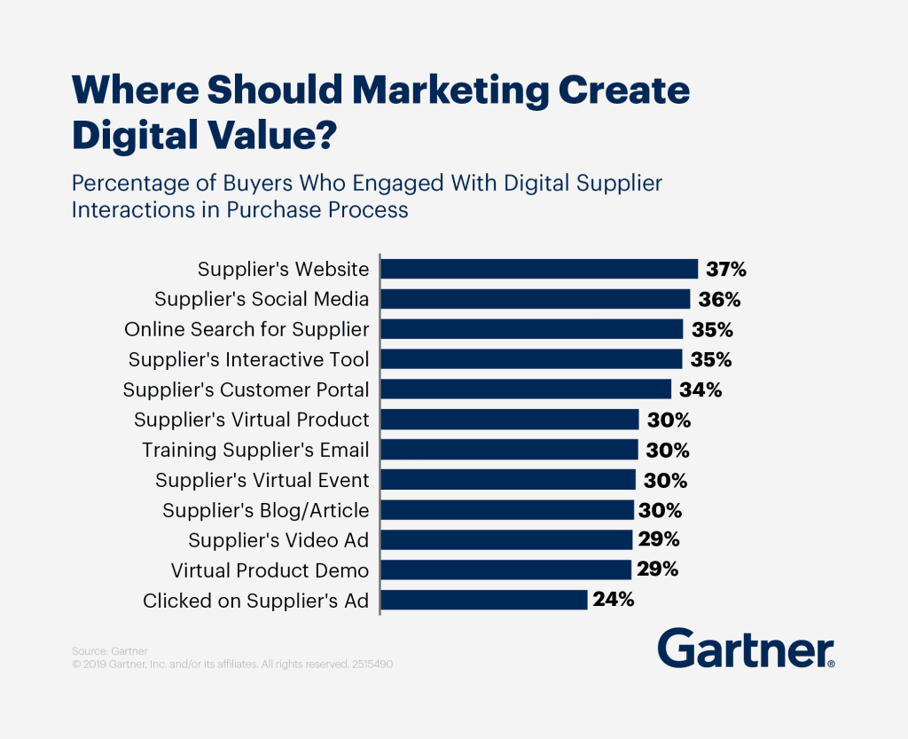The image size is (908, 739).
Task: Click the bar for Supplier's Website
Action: [539, 269]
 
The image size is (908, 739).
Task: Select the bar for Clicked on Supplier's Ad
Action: [484, 601]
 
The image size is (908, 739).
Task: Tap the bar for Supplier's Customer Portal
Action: [526, 389]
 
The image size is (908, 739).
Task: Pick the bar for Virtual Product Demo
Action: [505, 570]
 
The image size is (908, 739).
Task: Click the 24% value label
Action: [614, 600]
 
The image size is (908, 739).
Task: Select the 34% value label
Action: [701, 389]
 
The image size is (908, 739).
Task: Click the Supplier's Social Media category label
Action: [262, 299]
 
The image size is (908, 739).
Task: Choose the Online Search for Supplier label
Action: [247, 329]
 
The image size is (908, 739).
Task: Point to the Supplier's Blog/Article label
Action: [265, 510]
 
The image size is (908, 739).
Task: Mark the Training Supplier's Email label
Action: [255, 450]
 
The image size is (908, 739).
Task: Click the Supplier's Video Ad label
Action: [278, 540]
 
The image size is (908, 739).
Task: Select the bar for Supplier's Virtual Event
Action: [508, 480]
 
